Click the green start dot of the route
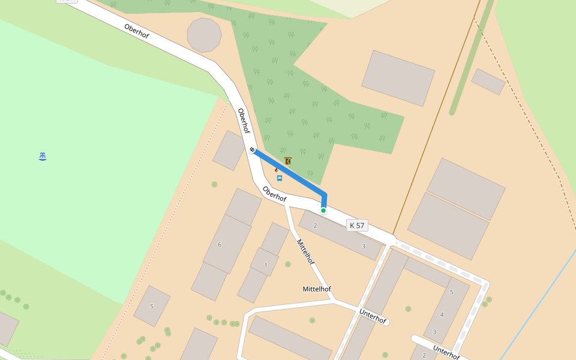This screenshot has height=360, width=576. tap(323, 211)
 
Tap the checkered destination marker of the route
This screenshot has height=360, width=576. tap(253, 149)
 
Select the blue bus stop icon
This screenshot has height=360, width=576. tap(280, 178)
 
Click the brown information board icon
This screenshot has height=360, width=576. tap(288, 161)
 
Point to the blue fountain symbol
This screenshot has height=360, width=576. tap(43, 157)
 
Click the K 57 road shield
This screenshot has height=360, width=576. tap(357, 226)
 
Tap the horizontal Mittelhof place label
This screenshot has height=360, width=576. tap(317, 289)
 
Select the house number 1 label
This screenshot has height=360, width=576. tap(266, 265)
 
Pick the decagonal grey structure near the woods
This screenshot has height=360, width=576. tap(205, 35)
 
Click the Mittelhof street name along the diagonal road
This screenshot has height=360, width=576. tap(305, 251)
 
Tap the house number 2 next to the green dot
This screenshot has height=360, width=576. tap(315, 226)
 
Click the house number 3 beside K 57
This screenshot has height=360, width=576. tap(363, 246)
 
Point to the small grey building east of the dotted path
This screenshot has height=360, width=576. tap(488, 82)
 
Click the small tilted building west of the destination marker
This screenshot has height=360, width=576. tap(229, 151)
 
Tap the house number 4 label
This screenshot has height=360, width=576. tap(442, 314)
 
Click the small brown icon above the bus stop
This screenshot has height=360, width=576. tap(277, 170)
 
